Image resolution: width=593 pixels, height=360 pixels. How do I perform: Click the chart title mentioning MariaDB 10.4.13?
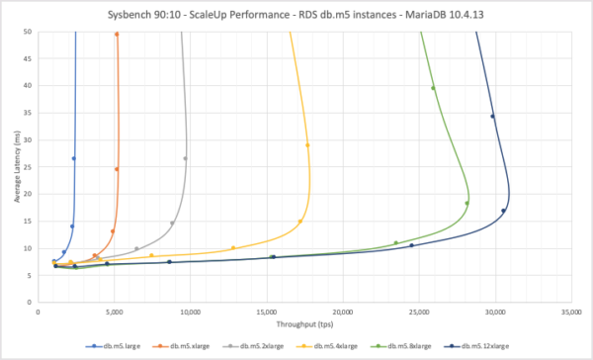click(x=296, y=13)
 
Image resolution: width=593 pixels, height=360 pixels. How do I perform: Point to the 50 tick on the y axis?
click(x=30, y=32)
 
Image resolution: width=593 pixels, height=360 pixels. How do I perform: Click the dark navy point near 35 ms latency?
click(x=492, y=116)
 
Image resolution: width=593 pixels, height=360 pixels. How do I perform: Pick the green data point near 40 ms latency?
click(x=433, y=88)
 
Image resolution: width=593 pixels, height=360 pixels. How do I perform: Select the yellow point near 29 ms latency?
click(x=308, y=145)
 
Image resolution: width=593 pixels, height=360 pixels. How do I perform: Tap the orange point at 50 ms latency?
click(x=117, y=34)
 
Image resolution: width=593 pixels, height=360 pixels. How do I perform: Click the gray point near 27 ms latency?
click(x=185, y=158)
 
